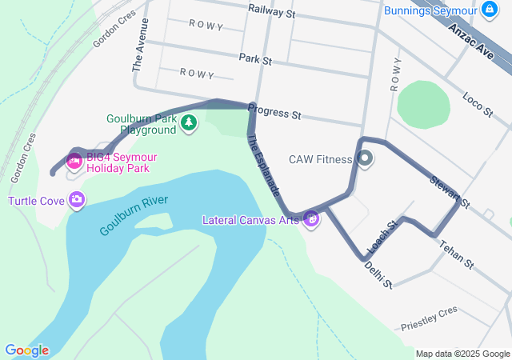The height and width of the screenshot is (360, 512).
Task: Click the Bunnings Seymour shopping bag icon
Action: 486,10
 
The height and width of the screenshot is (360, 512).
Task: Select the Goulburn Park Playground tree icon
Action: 189,122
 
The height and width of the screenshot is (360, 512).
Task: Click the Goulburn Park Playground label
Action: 142,124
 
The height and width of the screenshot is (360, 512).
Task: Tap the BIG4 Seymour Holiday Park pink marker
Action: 74,162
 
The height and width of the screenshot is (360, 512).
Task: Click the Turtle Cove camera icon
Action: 77,200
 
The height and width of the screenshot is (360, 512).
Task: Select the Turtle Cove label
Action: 36,201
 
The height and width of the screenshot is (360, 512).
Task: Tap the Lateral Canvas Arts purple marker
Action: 312,218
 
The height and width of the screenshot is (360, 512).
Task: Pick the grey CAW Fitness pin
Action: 365,158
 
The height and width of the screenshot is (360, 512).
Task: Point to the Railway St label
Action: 272,12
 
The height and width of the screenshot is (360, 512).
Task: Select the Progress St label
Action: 274,112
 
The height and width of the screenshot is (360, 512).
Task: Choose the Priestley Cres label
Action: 429,317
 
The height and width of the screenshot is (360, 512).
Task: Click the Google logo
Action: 26,350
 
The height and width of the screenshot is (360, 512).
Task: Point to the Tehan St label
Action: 457,253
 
